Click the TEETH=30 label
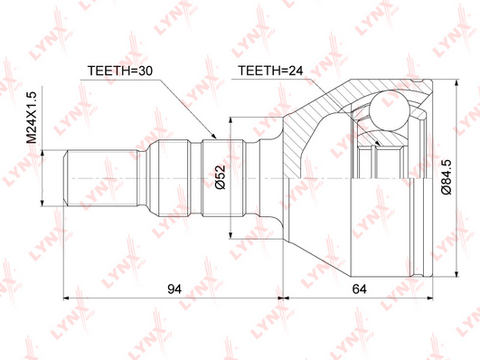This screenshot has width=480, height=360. pos(120,71)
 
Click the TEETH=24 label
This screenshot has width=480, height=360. pos(270,71)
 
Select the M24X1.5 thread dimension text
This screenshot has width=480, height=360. pos(32,118)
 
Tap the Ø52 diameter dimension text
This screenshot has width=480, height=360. pos(220,177)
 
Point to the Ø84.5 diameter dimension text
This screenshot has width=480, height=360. pos(447,176)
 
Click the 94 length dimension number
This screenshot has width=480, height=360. pos(174,289)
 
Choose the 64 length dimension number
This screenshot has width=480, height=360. pos(360,289)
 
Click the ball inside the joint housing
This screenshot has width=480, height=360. pos(389,110)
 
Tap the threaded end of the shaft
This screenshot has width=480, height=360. pos(100,177)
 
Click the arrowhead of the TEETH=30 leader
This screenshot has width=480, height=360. pos(213,136)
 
